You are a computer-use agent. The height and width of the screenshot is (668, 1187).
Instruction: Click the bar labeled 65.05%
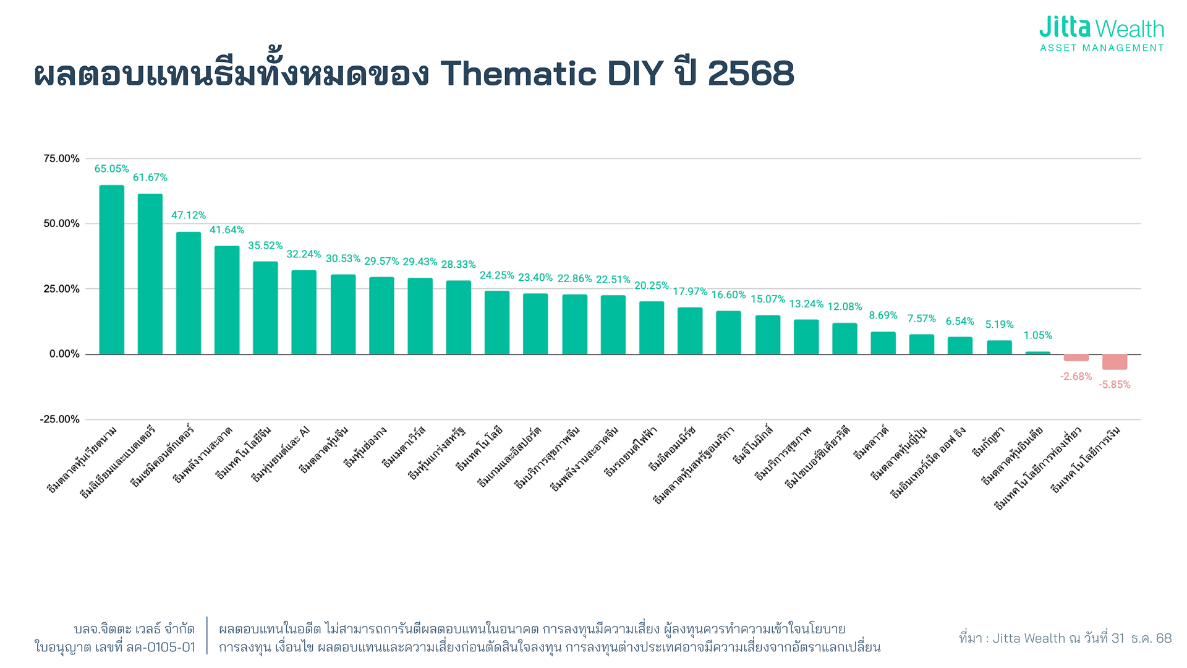111,270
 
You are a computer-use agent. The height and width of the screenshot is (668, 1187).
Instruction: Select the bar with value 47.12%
189,293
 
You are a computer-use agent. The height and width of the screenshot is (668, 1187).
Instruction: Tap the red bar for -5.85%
1114,362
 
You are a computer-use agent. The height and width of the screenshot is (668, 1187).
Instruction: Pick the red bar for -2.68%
1076,358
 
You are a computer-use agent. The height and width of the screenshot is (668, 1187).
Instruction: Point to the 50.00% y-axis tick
61,224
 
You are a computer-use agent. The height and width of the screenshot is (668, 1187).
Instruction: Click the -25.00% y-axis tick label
59,419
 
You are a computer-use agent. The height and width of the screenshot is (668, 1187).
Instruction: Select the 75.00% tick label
61,159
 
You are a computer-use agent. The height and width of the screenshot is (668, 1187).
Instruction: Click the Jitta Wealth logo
1101,28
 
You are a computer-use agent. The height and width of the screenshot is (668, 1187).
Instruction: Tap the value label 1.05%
1037,335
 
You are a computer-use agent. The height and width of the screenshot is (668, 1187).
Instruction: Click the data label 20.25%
652,286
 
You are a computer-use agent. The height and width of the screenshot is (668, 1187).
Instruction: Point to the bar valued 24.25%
496,322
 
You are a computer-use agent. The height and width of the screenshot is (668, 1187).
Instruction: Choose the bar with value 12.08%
845,338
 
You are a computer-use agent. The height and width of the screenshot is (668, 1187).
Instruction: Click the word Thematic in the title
518,74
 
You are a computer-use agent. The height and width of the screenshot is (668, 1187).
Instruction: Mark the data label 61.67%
150,178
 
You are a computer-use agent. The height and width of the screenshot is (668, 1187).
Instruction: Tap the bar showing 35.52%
265,308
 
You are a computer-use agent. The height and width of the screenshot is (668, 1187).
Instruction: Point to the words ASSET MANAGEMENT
1102,48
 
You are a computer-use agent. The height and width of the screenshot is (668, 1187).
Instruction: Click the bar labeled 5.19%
999,347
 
